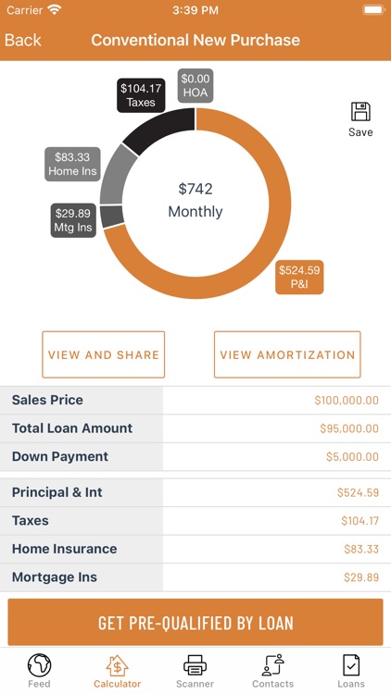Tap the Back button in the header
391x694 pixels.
pyautogui.click(x=23, y=41)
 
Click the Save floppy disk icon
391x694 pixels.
pyautogui.click(x=360, y=113)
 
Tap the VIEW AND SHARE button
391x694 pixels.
pyautogui.click(x=104, y=354)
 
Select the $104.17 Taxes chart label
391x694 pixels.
pyautogui.click(x=141, y=95)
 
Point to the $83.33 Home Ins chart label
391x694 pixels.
pyautogui.click(x=73, y=164)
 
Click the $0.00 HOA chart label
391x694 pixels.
pyautogui.click(x=195, y=86)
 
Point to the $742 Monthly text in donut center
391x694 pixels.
pyautogui.click(x=195, y=200)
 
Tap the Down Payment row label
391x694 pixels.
pyautogui.click(x=60, y=456)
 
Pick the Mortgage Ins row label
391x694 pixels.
pyautogui.click(x=55, y=577)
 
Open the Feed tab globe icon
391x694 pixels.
pyautogui.click(x=39, y=664)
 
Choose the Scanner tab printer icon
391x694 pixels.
pyautogui.click(x=195, y=664)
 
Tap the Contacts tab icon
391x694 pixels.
pyautogui.click(x=272, y=664)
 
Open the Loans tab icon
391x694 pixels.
pyautogui.click(x=351, y=664)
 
